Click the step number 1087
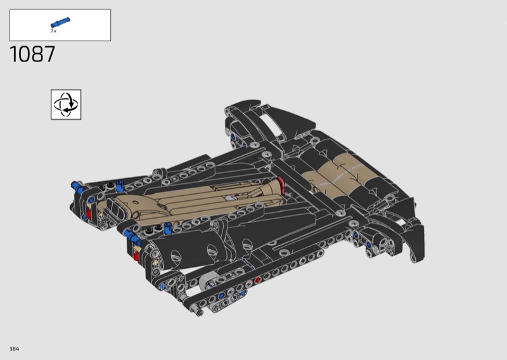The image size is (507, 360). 32,54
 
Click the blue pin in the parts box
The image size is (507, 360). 60,23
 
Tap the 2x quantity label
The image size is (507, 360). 53,31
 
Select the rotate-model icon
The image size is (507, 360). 66,105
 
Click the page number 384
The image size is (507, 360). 14,349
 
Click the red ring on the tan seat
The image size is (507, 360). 281,186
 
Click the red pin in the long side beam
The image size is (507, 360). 257,280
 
